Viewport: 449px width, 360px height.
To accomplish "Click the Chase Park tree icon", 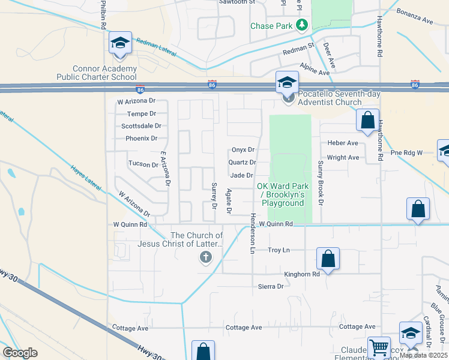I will click(x=302, y=25).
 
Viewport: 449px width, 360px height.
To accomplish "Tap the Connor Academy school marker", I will click(x=120, y=44).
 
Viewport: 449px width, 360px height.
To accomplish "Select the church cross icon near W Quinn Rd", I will click(x=205, y=258).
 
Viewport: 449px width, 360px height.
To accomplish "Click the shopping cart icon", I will click(x=378, y=347).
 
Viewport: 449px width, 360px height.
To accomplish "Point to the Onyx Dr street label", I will click(x=243, y=150).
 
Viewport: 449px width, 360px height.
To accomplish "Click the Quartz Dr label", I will click(x=243, y=163).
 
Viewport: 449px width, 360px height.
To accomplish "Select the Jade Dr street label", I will click(x=241, y=175).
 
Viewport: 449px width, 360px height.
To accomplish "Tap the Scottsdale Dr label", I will click(x=141, y=126).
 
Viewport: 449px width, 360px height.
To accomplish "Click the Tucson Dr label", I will click(x=143, y=164).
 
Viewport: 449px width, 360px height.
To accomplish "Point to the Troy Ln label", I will click(x=279, y=250).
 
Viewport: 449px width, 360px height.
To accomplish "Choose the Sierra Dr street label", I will click(x=271, y=287).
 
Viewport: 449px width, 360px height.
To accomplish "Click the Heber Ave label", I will click(x=343, y=143).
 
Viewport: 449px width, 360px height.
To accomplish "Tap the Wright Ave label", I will click(x=343, y=158).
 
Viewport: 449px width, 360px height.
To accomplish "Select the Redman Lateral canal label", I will click(x=156, y=47).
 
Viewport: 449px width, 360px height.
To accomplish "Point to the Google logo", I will click(x=20, y=352).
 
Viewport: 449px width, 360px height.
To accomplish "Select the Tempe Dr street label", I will click(x=142, y=114).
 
